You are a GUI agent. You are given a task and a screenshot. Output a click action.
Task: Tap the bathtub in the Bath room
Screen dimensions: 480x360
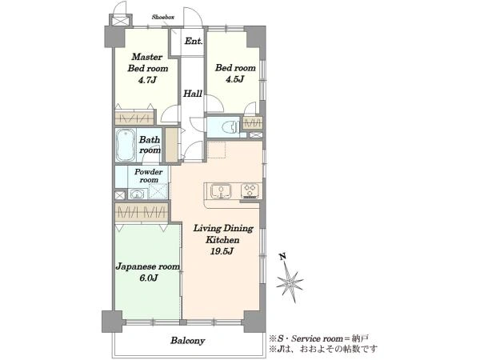[x=126, y=145]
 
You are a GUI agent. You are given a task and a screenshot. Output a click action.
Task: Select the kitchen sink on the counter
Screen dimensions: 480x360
[x=221, y=191]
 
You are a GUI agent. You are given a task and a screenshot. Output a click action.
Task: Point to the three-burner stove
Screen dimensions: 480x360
[x=250, y=190]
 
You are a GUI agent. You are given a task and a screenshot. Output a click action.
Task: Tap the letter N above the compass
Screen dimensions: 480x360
[x=283, y=256]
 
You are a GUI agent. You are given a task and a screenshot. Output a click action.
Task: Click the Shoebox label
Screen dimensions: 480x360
[x=163, y=17]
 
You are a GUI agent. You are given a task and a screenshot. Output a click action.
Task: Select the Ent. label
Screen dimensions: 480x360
[x=194, y=41]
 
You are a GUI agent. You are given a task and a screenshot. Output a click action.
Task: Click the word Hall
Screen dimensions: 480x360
[x=193, y=94]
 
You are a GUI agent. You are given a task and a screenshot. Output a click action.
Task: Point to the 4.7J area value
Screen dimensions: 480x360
[x=147, y=80]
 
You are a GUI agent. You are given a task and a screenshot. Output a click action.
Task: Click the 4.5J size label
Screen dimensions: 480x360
[x=234, y=79]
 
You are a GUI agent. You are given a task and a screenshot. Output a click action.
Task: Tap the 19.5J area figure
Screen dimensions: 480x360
[x=222, y=251]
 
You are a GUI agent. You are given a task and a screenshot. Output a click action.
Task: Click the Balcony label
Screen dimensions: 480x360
[x=188, y=341]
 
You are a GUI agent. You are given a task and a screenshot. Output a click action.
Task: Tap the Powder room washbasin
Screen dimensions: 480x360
[x=137, y=194]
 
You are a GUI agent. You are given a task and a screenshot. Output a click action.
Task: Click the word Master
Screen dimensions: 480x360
[x=147, y=57]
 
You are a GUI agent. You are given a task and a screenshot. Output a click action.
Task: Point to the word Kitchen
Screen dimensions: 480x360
[x=222, y=240]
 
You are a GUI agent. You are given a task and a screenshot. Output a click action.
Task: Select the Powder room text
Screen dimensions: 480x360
[x=149, y=176]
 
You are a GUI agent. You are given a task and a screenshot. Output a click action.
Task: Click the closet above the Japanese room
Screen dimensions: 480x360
[x=142, y=212]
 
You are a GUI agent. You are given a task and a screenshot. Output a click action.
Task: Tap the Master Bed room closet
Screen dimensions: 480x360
[x=134, y=118]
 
